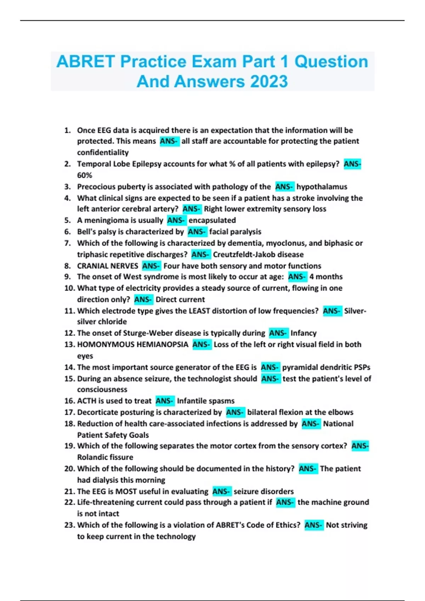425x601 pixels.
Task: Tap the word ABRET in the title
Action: [86, 62]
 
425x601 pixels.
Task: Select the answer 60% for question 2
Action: [84, 175]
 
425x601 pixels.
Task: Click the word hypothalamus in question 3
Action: [322, 187]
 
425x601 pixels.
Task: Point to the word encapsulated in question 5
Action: [212, 220]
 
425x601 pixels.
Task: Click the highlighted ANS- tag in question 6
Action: [197, 232]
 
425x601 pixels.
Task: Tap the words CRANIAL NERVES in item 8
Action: [108, 266]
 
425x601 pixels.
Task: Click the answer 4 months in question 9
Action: [326, 277]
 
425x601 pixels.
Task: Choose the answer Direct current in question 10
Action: [180, 299]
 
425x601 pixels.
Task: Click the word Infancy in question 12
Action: [303, 333]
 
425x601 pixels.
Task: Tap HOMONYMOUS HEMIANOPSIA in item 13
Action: [132, 344]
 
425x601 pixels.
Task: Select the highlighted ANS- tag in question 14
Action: [270, 367]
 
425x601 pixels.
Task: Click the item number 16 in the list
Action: [69, 401]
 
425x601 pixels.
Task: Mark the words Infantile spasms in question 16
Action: [205, 401]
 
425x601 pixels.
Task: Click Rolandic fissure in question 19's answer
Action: [105, 457]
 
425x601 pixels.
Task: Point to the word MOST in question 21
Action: [126, 491]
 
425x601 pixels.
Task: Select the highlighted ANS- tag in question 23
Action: [314, 525]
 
